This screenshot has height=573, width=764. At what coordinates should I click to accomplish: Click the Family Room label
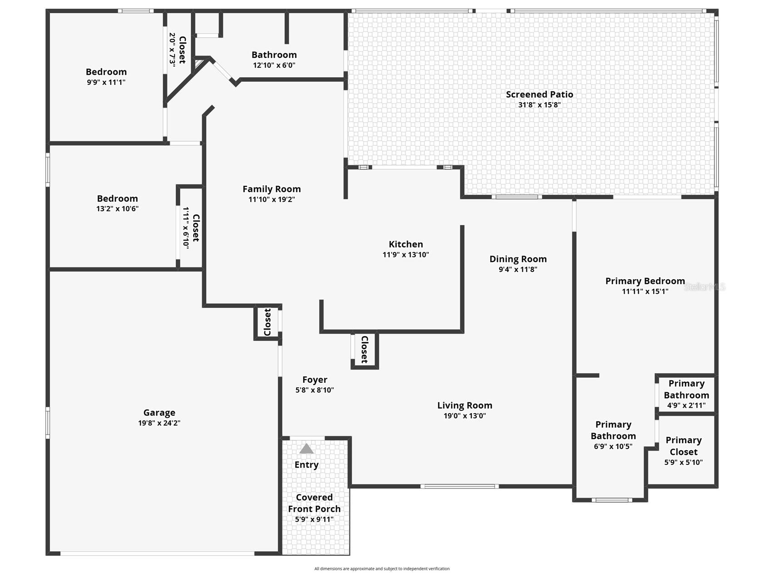(272, 189)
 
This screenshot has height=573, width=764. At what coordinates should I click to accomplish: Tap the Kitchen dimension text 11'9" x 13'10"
(406, 255)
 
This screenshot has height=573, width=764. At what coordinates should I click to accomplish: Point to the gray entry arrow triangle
(307, 449)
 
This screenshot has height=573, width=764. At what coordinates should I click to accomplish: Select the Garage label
(159, 413)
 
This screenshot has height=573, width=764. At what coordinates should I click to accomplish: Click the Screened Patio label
(540, 94)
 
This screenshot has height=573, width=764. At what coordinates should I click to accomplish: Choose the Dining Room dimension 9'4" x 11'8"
(518, 269)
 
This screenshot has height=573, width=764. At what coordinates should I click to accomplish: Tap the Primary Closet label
(684, 446)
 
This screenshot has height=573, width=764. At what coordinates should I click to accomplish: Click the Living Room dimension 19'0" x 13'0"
(465, 415)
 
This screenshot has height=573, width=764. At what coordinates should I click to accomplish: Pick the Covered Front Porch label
(314, 503)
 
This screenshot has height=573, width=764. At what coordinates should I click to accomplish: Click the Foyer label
(315, 380)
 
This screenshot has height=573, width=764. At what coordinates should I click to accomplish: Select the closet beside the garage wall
(268, 322)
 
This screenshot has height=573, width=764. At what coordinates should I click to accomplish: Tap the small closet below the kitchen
(364, 350)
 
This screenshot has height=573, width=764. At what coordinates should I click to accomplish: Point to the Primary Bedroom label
(645, 281)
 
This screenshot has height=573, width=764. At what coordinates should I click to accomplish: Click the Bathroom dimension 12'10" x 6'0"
(274, 65)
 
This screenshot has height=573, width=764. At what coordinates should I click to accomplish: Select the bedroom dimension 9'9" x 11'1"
(106, 82)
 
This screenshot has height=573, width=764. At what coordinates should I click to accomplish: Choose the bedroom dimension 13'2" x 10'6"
(117, 209)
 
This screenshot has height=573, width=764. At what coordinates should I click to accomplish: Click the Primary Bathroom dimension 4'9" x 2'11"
(686, 405)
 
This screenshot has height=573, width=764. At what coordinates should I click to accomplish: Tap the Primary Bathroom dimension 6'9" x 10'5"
(613, 446)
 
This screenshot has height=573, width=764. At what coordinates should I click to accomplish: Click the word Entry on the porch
(307, 465)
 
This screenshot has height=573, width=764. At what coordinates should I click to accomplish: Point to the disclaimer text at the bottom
(382, 568)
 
